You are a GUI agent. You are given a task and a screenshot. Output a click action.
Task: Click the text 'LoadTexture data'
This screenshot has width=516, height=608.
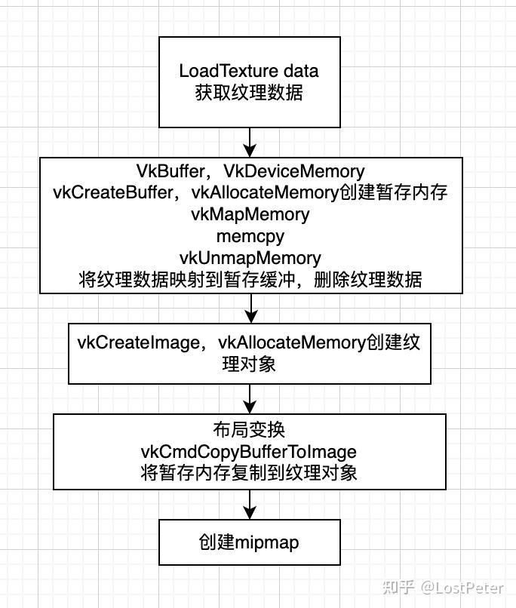249,71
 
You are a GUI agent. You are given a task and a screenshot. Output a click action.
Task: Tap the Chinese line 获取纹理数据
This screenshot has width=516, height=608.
249,93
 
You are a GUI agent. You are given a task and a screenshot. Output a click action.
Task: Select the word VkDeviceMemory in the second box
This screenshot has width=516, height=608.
294,171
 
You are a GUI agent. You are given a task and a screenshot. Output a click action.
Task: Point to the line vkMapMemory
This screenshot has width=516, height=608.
250,214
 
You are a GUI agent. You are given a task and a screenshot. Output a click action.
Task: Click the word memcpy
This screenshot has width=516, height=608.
250,236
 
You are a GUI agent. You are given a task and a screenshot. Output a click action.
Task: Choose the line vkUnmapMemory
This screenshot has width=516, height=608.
250,258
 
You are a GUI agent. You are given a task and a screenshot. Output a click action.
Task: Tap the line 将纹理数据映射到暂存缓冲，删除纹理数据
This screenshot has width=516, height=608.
250,280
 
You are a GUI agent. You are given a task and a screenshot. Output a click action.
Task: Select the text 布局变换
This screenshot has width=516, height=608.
249,430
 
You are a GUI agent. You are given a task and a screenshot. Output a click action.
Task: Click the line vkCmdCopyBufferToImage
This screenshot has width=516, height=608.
249,452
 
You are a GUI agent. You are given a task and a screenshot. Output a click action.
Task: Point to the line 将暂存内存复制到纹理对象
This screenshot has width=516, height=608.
249,474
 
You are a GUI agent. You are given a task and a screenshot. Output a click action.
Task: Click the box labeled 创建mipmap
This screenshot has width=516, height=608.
249,542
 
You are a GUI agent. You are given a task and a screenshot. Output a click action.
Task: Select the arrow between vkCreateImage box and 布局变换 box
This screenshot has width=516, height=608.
250,398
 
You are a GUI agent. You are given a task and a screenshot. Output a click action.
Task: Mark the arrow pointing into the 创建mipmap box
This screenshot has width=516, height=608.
250,505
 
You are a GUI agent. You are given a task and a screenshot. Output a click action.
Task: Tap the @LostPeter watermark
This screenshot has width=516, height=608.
462,587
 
